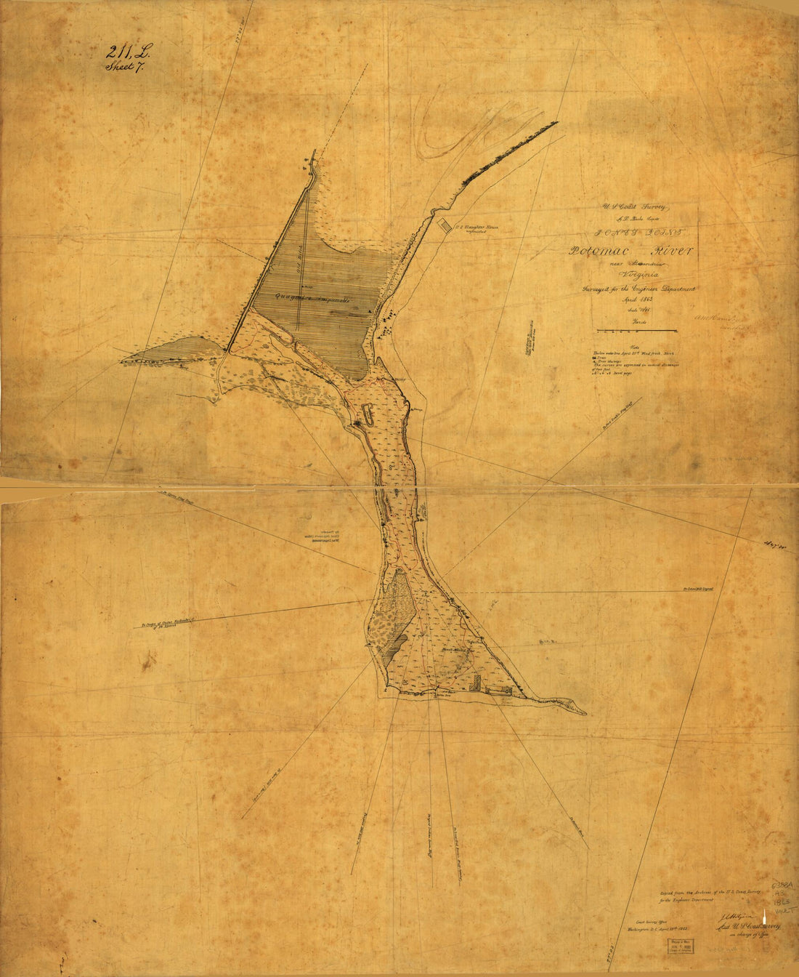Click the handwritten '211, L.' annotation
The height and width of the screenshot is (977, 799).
(x=129, y=52)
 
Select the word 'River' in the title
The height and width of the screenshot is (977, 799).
(x=670, y=251)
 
